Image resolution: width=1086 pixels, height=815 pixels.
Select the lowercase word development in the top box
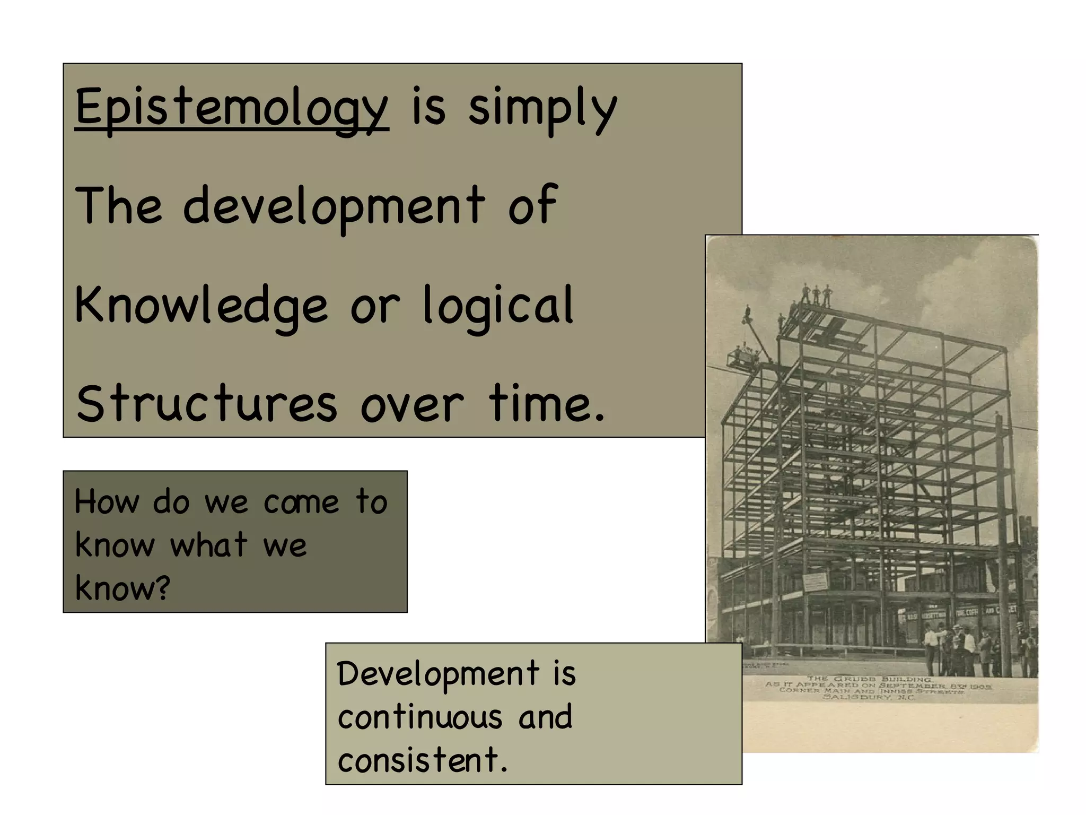[334, 206]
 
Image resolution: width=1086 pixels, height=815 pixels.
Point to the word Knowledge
[201, 305]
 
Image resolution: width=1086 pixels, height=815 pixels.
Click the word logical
[498, 305]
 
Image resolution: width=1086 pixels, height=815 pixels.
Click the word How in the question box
[106, 501]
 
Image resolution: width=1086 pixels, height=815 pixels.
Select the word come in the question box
[301, 502]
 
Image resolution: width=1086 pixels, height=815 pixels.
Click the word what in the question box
[209, 545]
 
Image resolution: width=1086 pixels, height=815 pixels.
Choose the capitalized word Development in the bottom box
[437, 674]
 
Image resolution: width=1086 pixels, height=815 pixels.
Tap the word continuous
[419, 717]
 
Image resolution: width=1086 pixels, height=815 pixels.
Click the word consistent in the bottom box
[419, 760]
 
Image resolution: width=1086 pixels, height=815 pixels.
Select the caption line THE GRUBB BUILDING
[869, 679]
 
